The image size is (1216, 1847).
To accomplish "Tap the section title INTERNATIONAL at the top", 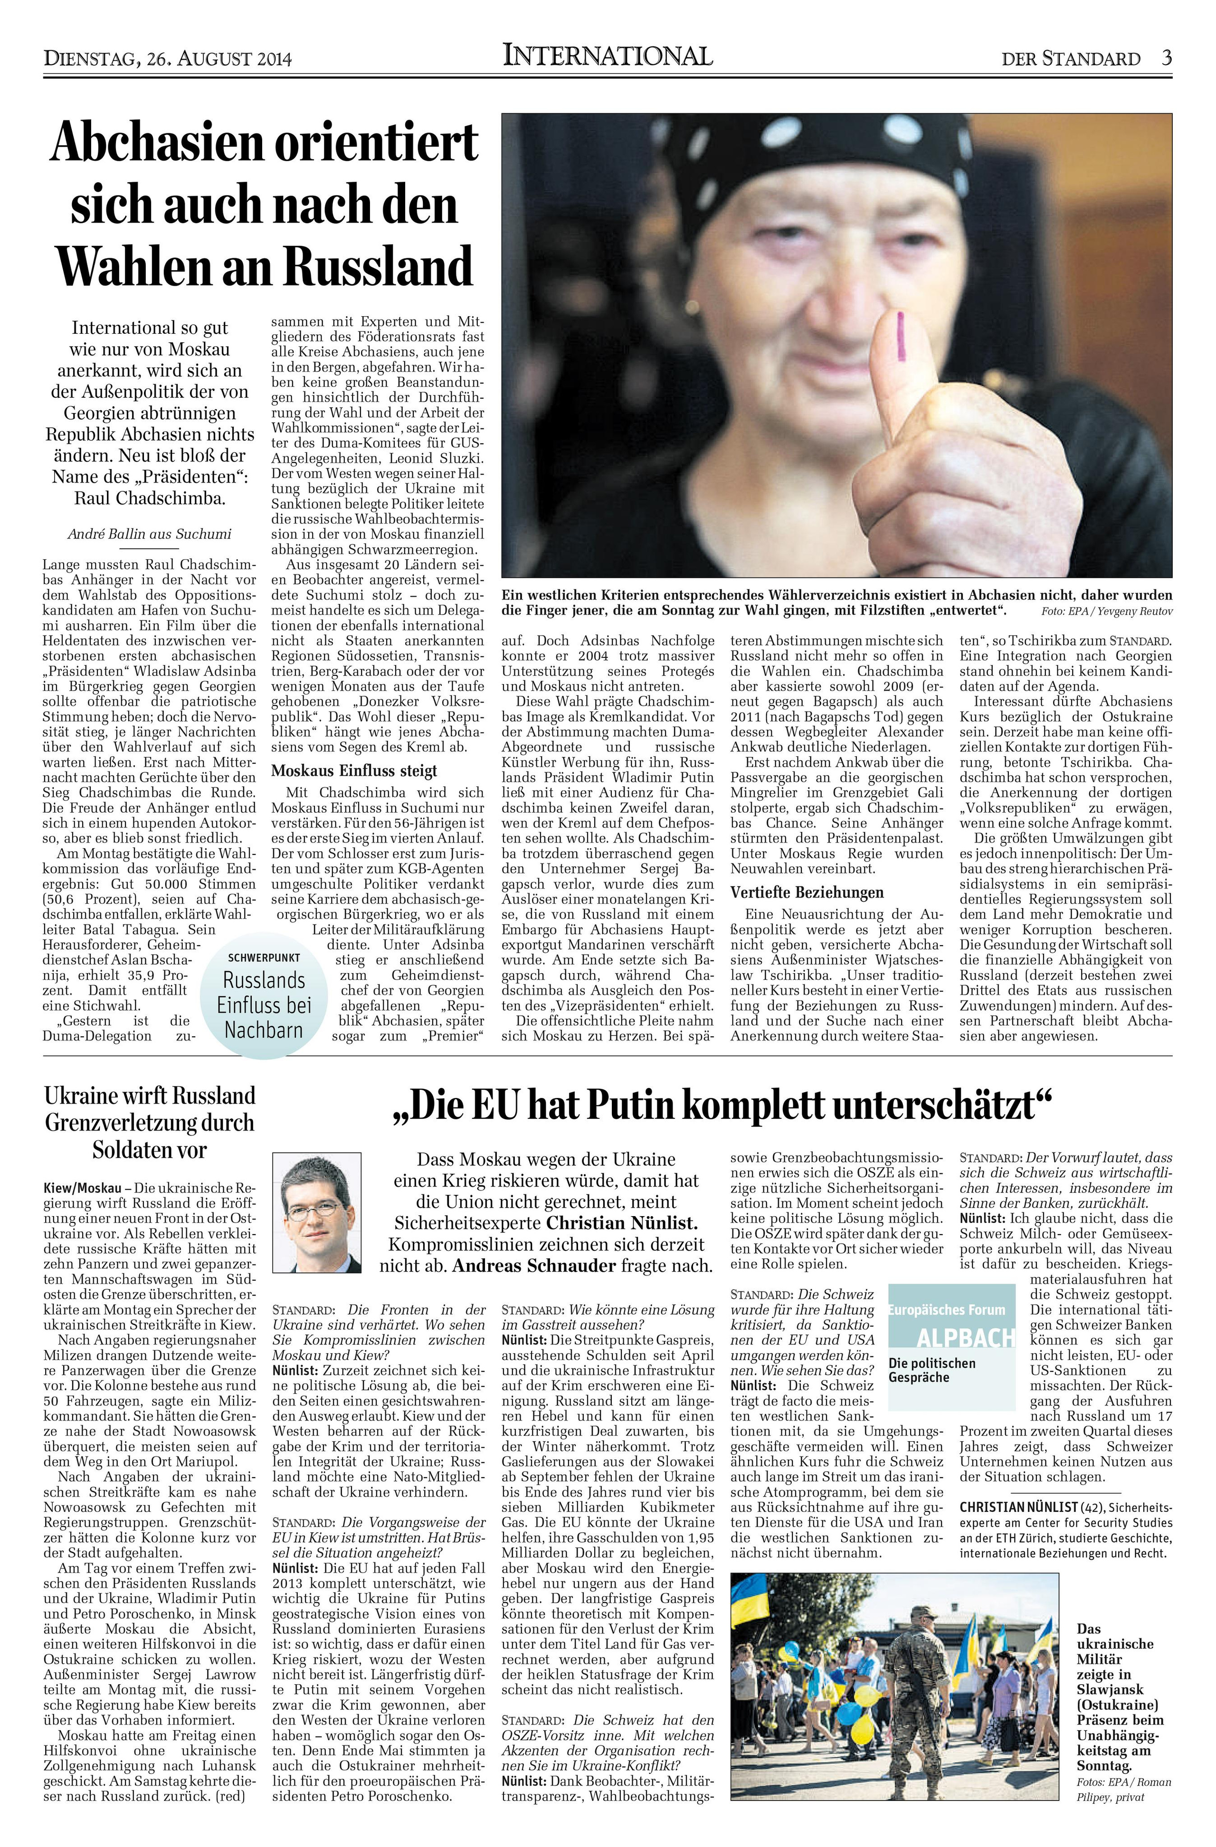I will [607, 56].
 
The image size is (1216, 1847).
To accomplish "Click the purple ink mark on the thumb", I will [900, 337].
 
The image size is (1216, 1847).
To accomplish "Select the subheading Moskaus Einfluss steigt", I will [354, 770].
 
